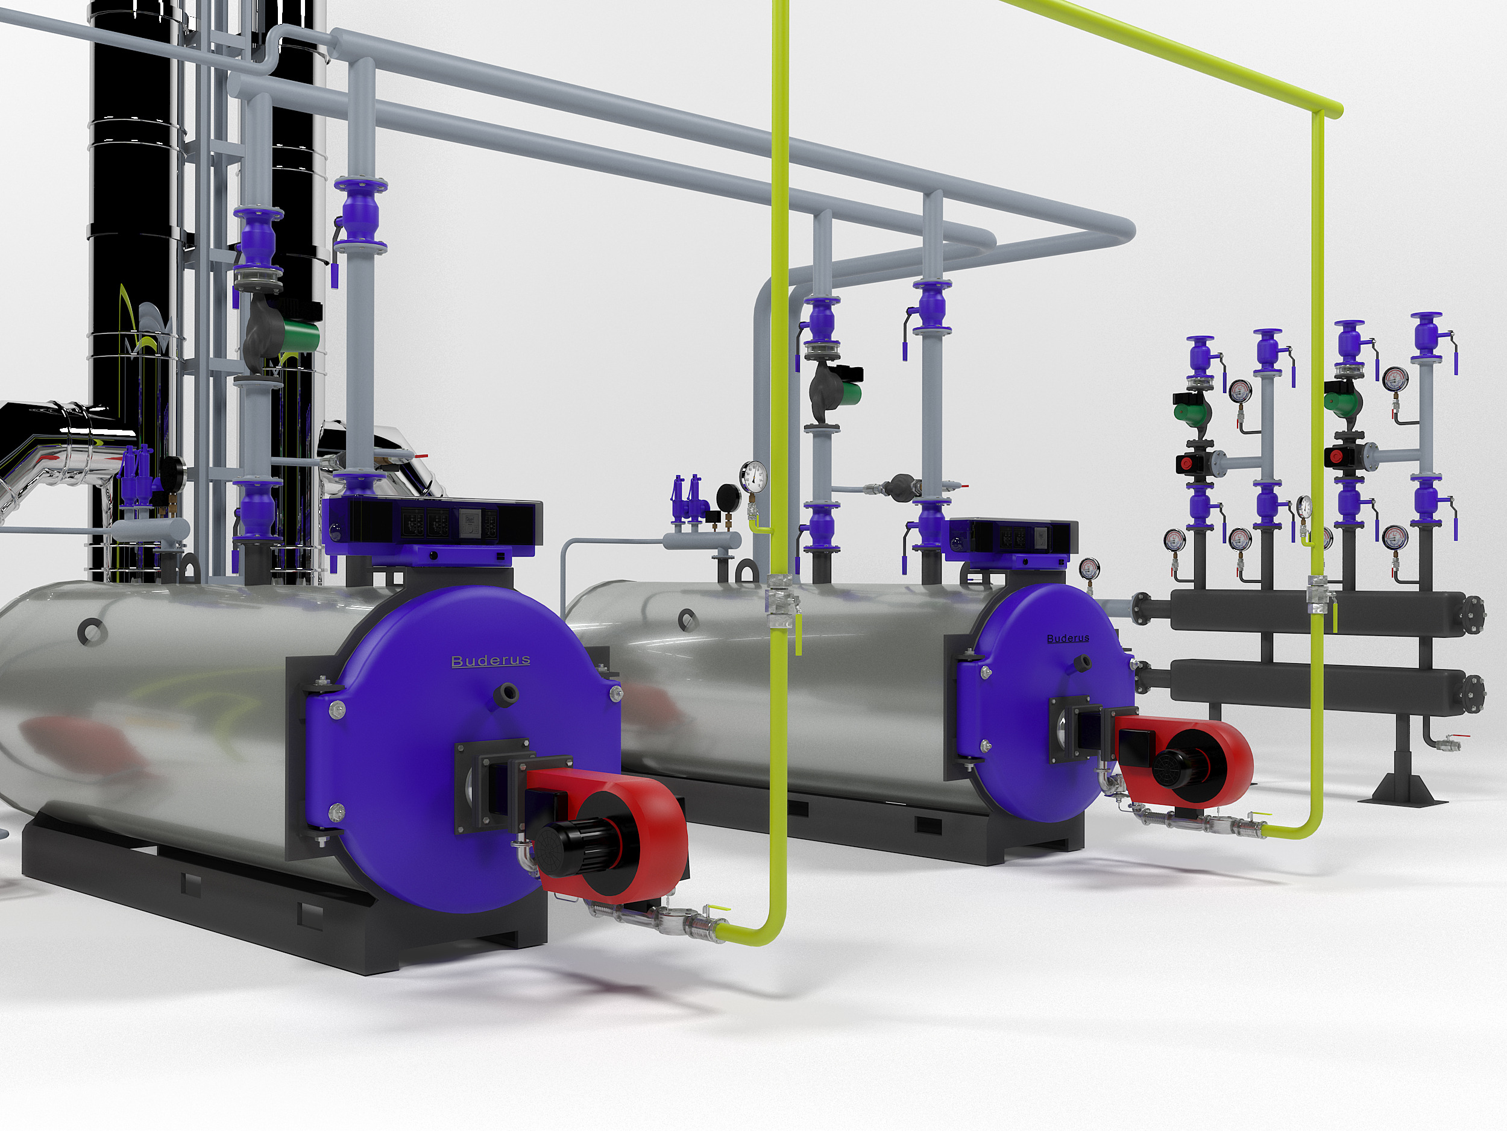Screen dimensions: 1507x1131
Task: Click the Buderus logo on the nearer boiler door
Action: coord(491,661)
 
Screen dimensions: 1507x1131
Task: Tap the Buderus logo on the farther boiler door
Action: coord(1068,638)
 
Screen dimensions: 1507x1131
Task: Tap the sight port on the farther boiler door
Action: coord(1081,661)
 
